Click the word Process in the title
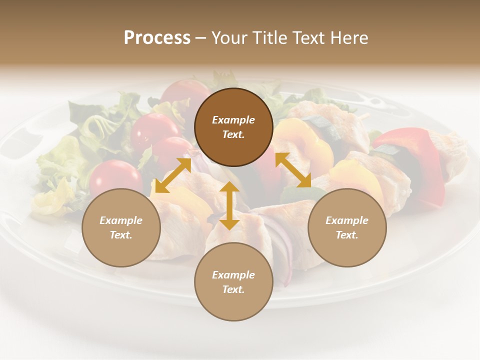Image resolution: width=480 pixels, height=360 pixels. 157,38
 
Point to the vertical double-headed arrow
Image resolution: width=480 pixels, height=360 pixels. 229,205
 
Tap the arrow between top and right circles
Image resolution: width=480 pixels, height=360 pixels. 293,170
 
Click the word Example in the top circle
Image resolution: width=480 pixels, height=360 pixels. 233,120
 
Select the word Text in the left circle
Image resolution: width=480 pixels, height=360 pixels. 121,235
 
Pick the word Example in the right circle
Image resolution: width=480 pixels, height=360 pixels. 347,220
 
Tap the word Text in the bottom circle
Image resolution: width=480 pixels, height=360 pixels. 233,289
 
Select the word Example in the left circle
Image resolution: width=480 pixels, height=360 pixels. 121,220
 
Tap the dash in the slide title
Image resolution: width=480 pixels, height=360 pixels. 201,38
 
